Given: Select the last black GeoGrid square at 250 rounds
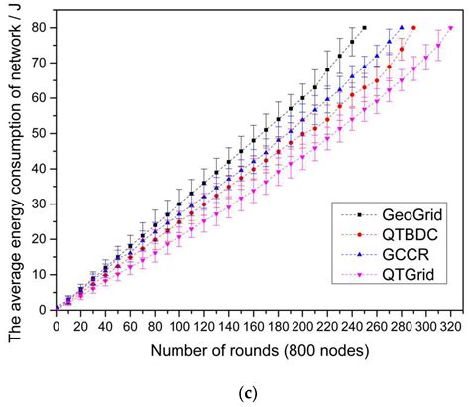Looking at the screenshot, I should pyautogui.click(x=364, y=28).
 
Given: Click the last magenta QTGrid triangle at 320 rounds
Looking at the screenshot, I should pyautogui.click(x=450, y=28).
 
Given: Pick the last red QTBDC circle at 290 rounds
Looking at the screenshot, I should pyautogui.click(x=413, y=28).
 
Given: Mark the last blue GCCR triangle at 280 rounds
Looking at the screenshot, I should pyautogui.click(x=401, y=28).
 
